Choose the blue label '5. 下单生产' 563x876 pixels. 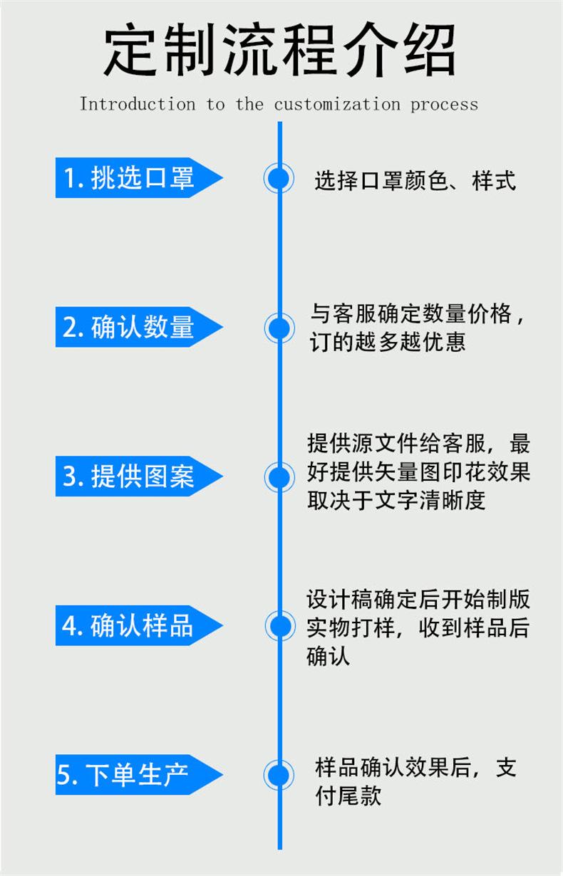coord(128,775)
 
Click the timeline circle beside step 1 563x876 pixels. coord(279,178)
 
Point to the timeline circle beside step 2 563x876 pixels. coord(279,328)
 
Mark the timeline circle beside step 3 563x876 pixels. coord(279,476)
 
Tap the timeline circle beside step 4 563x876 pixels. coord(279,626)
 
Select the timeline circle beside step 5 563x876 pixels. coord(279,775)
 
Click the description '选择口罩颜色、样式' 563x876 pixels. coord(415,181)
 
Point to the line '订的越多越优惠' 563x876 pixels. coord(388,343)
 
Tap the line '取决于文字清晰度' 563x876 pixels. coord(396,500)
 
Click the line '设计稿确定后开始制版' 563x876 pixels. coord(418,599)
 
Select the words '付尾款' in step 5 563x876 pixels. coord(348,796)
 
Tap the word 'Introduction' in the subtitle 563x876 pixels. coord(137,104)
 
